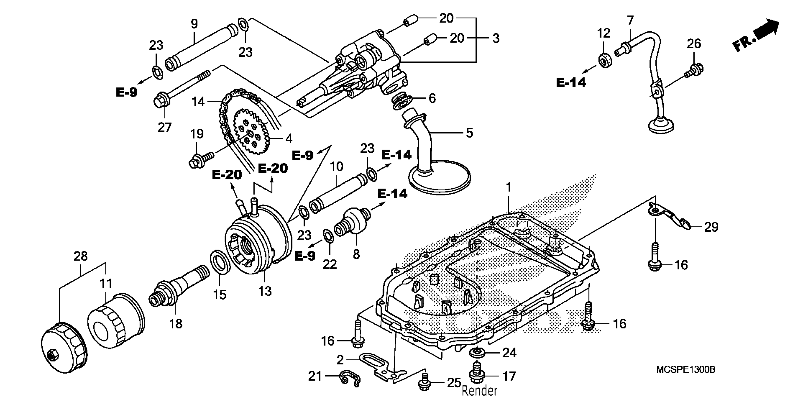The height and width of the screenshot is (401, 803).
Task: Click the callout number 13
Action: click(265, 291)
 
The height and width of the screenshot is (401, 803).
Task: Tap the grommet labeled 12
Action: click(605, 61)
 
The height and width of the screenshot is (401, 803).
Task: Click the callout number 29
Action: click(711, 227)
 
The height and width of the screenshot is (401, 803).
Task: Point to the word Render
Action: click(479, 391)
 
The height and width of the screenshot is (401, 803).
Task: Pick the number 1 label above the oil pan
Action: click(508, 187)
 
